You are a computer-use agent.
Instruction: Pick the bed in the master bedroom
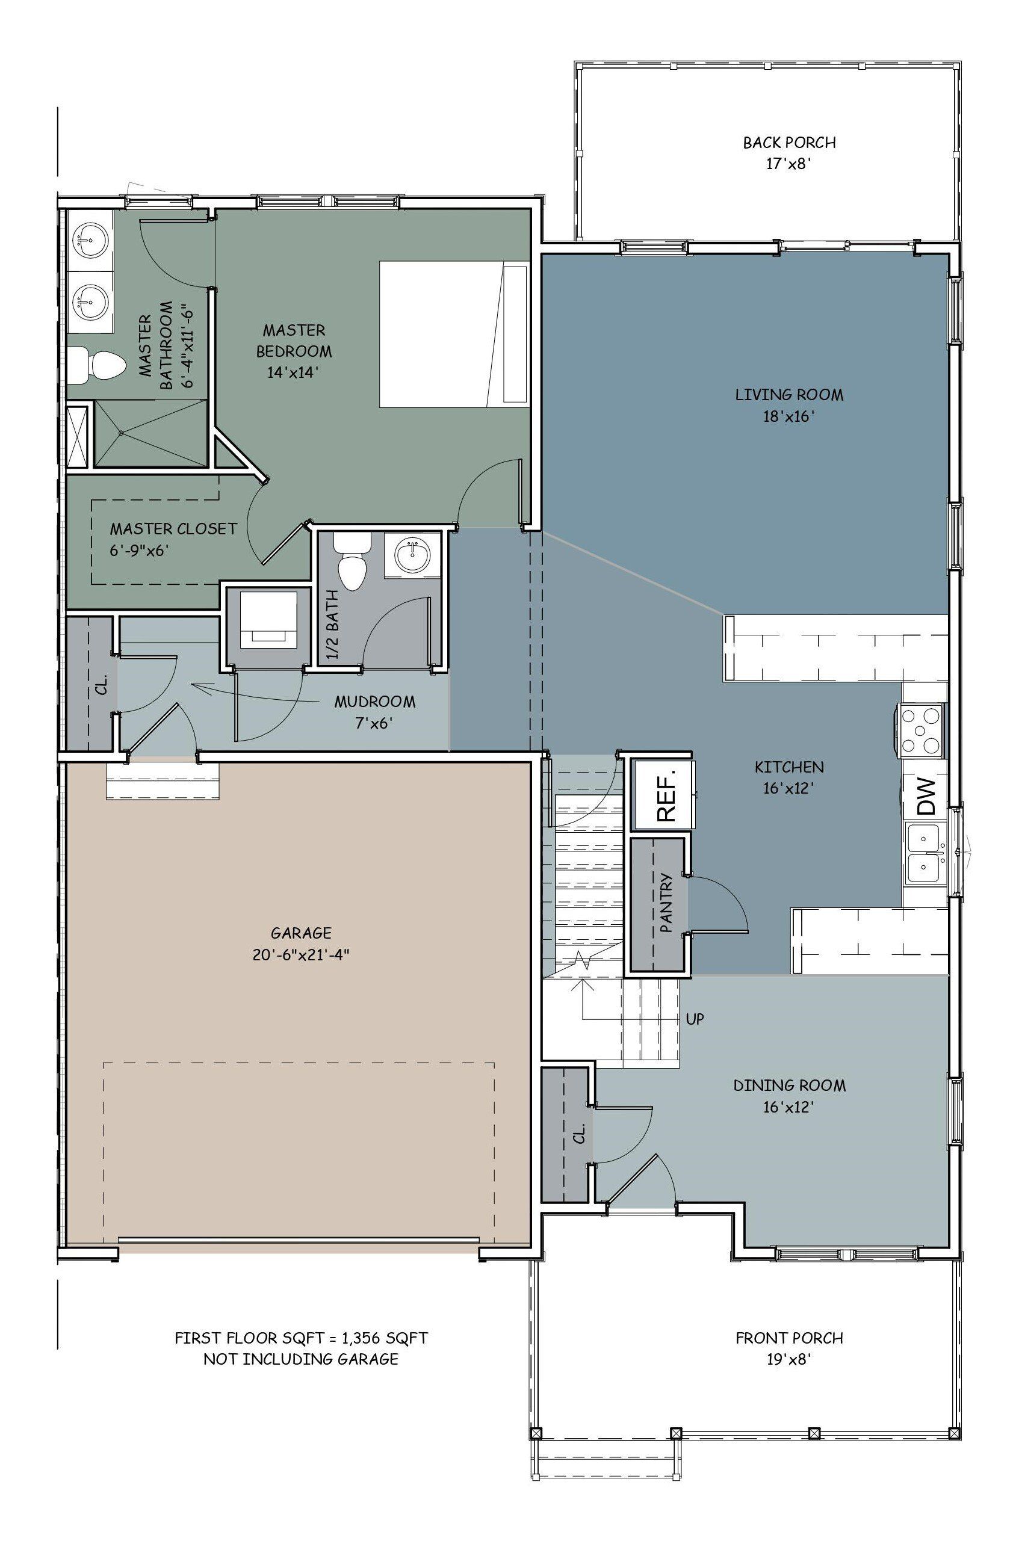point(453,335)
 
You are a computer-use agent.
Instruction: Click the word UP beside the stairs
point(695,1019)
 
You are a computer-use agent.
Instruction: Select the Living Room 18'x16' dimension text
point(789,416)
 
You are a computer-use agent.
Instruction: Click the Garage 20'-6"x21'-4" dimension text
point(302,955)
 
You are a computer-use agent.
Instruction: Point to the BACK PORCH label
point(790,142)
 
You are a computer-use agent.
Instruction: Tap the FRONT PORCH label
point(790,1338)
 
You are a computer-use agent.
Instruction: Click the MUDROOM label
point(374,702)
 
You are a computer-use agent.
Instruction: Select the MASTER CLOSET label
point(173,528)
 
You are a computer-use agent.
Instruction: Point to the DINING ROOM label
point(790,1085)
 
